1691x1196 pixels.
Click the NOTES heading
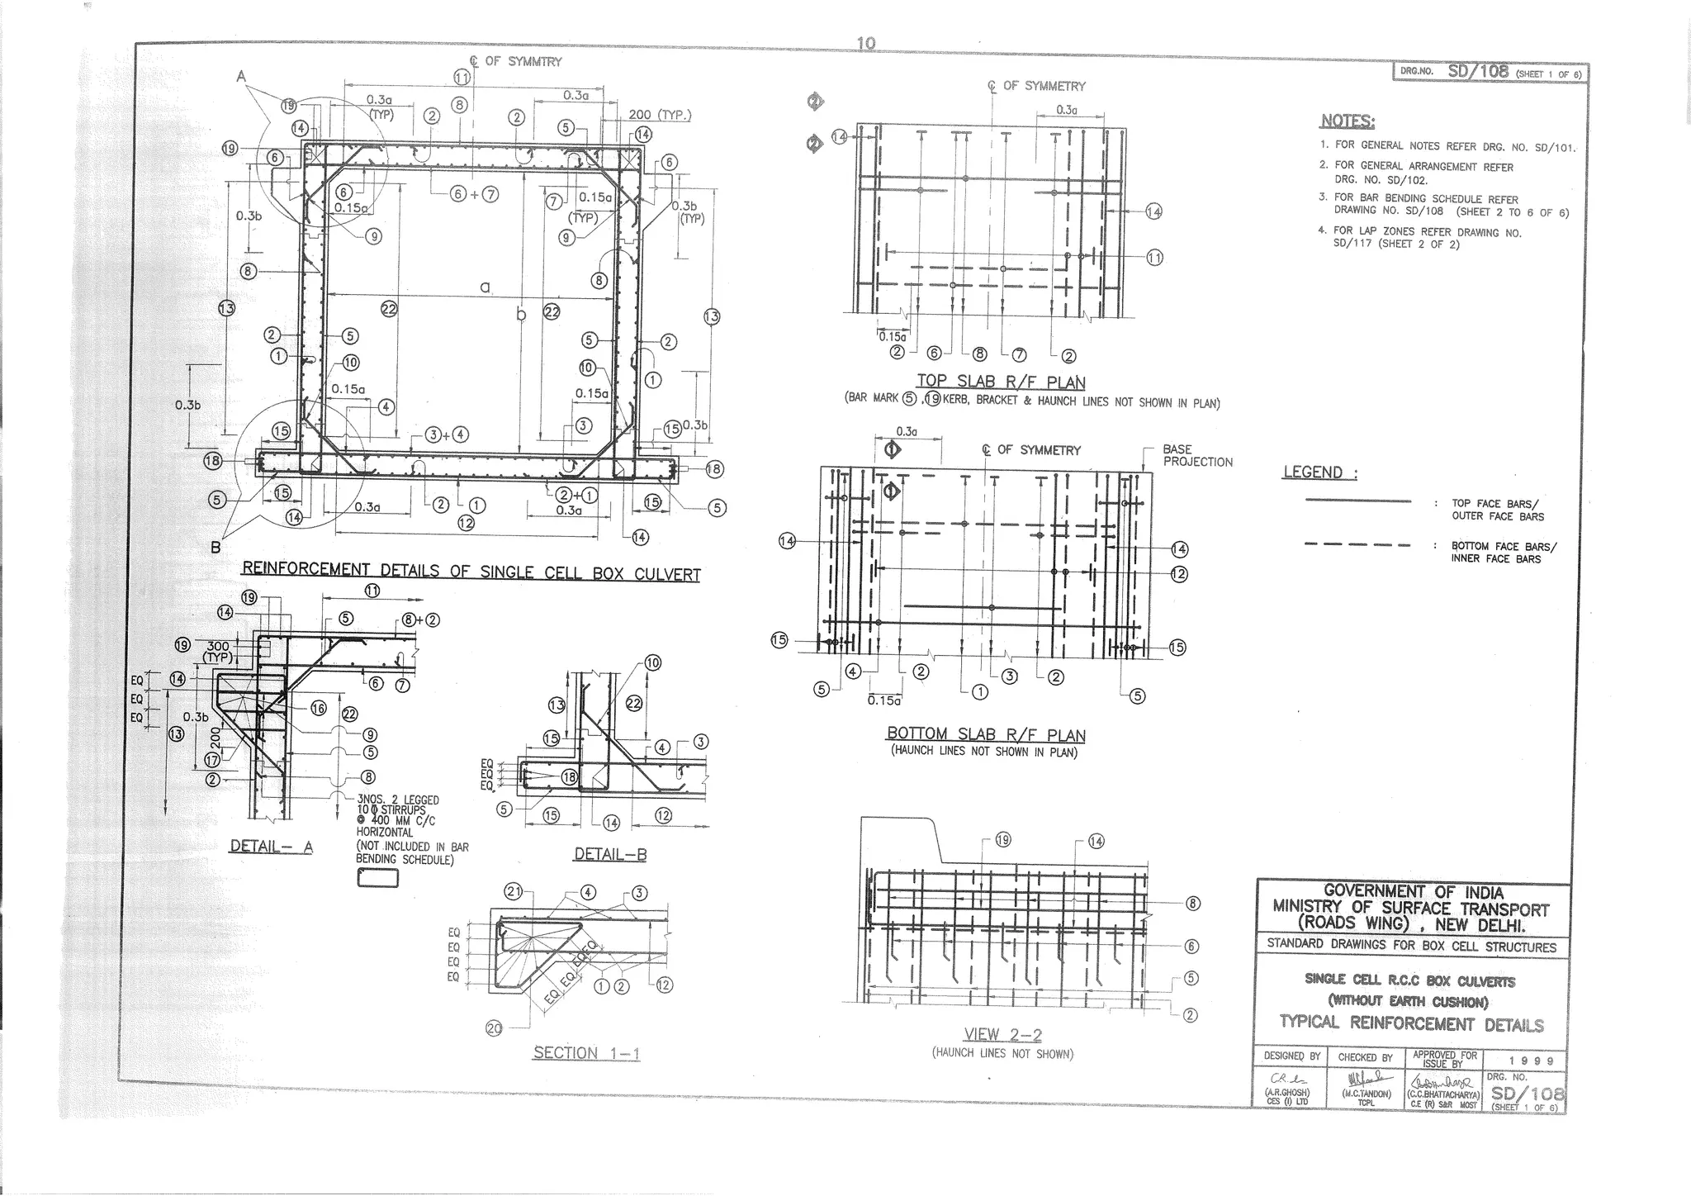click(x=1348, y=121)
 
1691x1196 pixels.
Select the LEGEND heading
click(x=1319, y=472)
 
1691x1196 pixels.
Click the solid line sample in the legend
click(x=1357, y=501)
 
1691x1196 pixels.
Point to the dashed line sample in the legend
click(x=1357, y=544)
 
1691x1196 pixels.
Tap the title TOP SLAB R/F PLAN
click(x=1001, y=382)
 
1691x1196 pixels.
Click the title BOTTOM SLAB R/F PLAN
click(x=986, y=734)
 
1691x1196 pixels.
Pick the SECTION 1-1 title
click(x=586, y=1053)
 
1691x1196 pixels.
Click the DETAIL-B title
click(x=610, y=855)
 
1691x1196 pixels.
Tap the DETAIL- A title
click(x=271, y=846)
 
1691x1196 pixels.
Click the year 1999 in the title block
click(x=1532, y=1061)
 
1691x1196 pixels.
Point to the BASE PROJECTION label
click(x=1197, y=456)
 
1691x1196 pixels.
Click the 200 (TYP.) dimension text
click(x=660, y=115)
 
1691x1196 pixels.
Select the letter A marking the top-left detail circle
click(x=241, y=76)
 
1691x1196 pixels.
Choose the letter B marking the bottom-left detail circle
click(x=215, y=547)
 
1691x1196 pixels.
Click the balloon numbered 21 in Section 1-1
click(x=514, y=891)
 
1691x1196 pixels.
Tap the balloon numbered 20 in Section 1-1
click(x=493, y=1028)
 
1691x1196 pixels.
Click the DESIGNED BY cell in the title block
click(x=1291, y=1057)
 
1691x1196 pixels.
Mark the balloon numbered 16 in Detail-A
click(x=318, y=708)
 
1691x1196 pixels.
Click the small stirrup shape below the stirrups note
click(x=377, y=879)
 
